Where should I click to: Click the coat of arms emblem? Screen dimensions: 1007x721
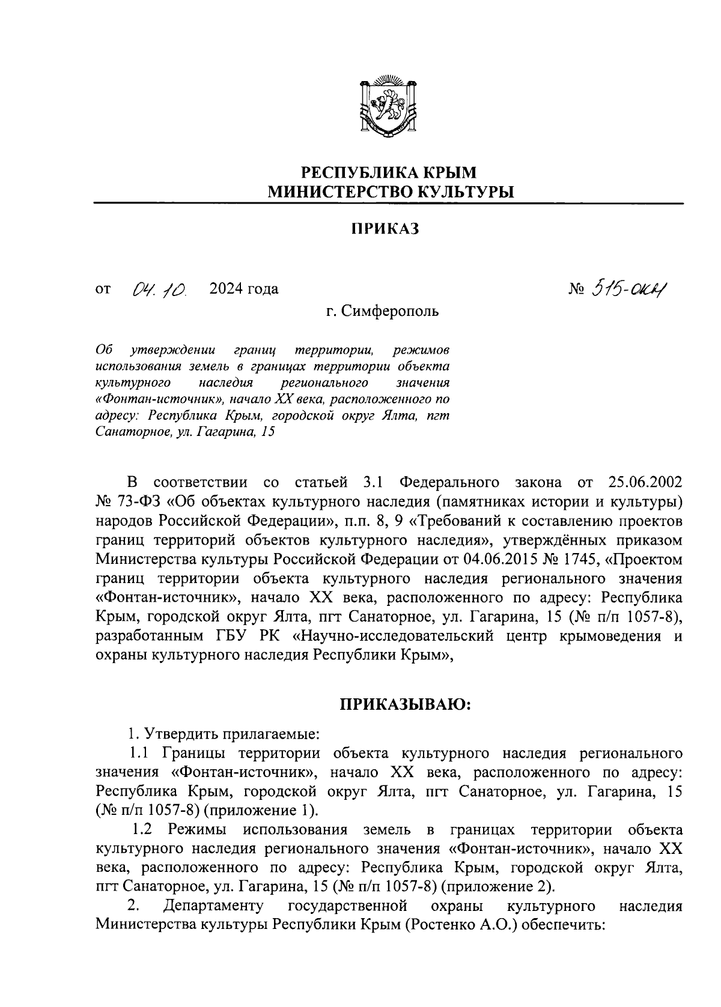388,107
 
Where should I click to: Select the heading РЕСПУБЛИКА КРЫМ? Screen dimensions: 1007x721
388,173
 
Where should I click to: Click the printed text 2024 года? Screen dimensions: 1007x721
244,289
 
